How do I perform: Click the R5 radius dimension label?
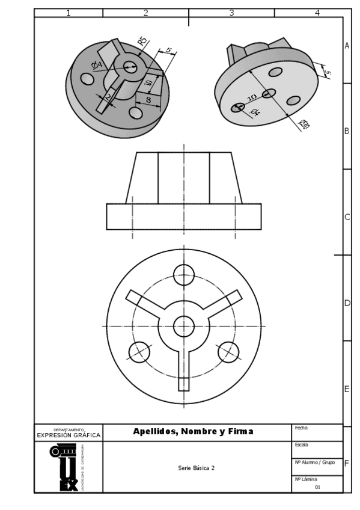coord(142,42)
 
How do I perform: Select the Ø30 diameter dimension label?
coord(304,124)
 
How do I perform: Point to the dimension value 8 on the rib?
coord(148,100)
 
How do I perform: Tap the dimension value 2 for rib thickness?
coord(108,97)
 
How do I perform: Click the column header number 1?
coord(68,13)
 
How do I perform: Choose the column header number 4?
coord(317,13)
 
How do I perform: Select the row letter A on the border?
coord(347,46)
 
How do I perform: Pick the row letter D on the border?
coord(347,303)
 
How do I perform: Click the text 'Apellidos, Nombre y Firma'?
coord(193,431)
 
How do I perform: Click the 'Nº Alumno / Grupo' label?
coord(314,462)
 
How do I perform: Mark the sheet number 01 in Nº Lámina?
coord(317,487)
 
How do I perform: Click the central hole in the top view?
coord(184,327)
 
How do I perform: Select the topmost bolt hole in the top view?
coord(184,275)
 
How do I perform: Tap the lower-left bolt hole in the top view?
coord(139,351)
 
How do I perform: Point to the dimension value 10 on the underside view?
coord(252,97)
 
